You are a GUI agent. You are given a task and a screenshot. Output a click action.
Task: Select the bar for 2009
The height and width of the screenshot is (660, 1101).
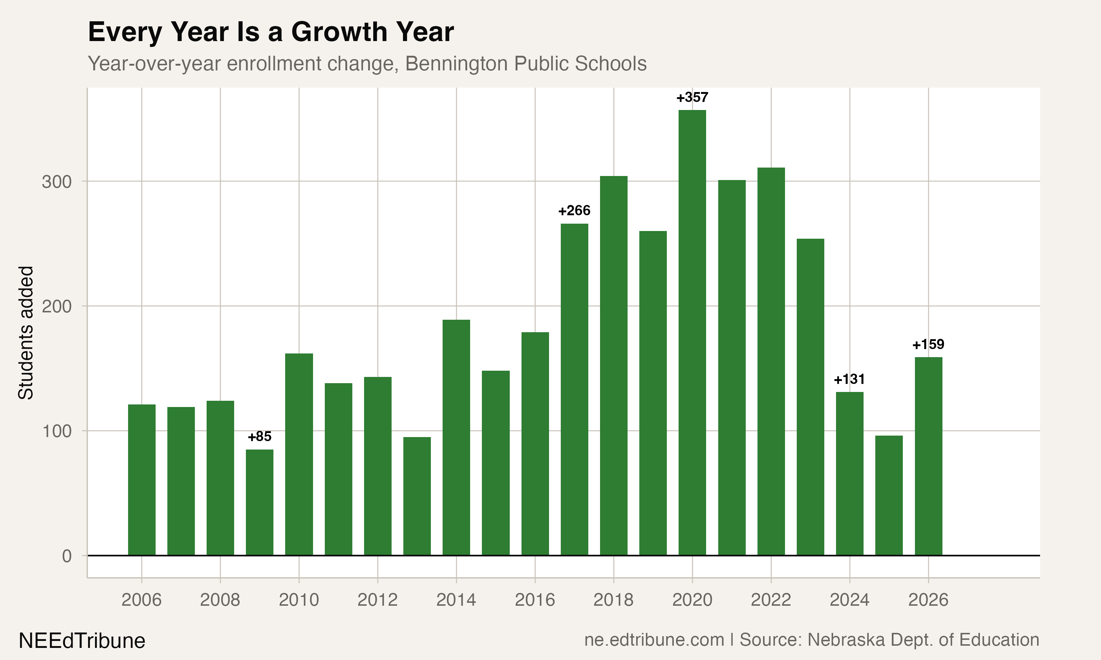pyautogui.click(x=259, y=503)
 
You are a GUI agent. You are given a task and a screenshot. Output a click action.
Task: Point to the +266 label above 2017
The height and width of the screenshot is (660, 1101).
pyautogui.click(x=574, y=210)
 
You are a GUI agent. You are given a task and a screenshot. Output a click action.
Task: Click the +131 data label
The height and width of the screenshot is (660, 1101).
pyautogui.click(x=849, y=379)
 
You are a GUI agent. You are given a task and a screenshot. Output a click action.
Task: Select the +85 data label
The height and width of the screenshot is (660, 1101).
pyautogui.click(x=259, y=437)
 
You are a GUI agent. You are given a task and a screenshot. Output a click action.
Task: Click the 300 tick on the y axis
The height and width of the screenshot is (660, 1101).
pyautogui.click(x=57, y=182)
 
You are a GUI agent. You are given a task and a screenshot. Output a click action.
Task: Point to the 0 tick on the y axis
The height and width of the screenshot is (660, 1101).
pyautogui.click(x=67, y=556)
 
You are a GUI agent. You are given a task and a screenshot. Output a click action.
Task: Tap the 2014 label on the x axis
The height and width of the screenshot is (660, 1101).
pyautogui.click(x=456, y=600)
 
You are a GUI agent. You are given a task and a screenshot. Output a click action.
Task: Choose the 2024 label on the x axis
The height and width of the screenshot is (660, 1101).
pyautogui.click(x=849, y=600)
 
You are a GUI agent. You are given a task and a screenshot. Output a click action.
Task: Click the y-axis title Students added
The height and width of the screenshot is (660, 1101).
pyautogui.click(x=26, y=333)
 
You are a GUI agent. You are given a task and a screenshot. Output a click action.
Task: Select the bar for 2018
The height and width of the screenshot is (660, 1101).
pyautogui.click(x=613, y=366)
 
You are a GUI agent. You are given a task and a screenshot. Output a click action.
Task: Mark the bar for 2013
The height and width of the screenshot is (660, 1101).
pyautogui.click(x=417, y=496)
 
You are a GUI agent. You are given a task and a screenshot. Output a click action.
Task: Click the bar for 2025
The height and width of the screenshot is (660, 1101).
pyautogui.click(x=889, y=495)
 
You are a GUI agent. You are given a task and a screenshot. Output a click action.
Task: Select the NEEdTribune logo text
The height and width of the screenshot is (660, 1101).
pyautogui.click(x=82, y=641)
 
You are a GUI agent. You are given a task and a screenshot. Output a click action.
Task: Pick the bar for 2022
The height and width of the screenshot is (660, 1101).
pyautogui.click(x=771, y=361)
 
